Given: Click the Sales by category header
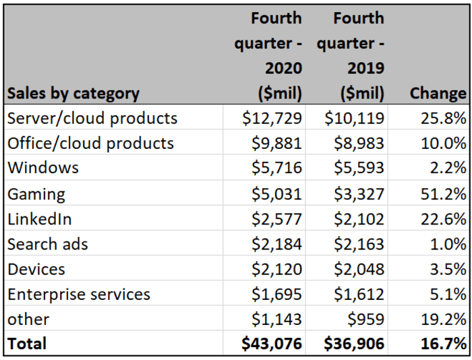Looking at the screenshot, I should pyautogui.click(x=73, y=93).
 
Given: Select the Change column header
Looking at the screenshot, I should pyautogui.click(x=438, y=93).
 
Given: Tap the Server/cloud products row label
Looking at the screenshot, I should pyautogui.click(x=92, y=119).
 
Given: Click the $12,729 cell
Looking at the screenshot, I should pyautogui.click(x=272, y=119).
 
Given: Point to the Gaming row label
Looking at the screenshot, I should pyautogui.click(x=36, y=194).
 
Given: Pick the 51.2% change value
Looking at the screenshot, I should pyautogui.click(x=444, y=194).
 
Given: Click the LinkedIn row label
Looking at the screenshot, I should pyautogui.click(x=39, y=219).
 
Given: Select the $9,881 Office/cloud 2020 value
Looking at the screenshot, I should pyautogui.click(x=276, y=144).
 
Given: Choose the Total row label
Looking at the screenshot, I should pyautogui.click(x=27, y=344).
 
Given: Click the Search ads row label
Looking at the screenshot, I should pyautogui.click(x=48, y=244).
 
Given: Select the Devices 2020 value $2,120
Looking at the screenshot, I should pyautogui.click(x=276, y=269).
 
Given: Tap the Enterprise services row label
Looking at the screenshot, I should pyautogui.click(x=79, y=294).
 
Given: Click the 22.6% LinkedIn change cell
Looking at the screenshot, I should pyautogui.click(x=444, y=219).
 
